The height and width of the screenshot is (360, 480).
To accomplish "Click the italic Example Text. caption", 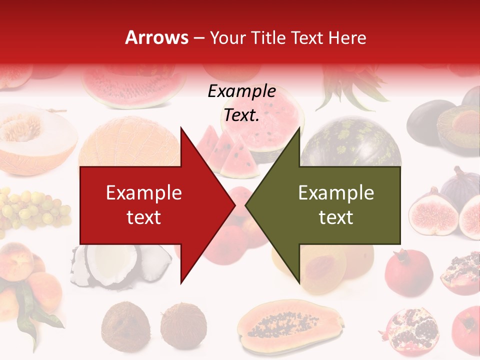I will coord(241,103).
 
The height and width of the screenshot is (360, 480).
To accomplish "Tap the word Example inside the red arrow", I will coord(144,193).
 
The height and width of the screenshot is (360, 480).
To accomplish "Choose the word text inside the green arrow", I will coord(336,217).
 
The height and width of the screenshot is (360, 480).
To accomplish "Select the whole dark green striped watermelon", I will coord(350,142).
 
